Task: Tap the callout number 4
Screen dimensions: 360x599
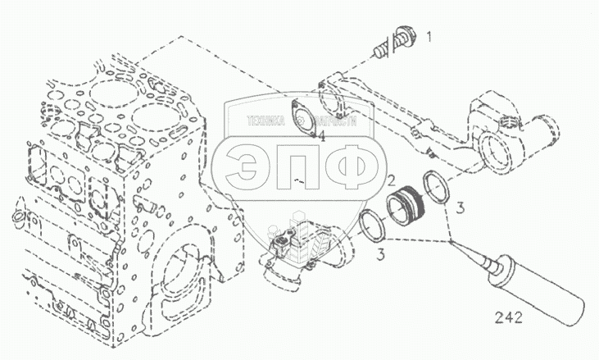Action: coord(323,135)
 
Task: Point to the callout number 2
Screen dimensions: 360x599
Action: coord(392,181)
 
